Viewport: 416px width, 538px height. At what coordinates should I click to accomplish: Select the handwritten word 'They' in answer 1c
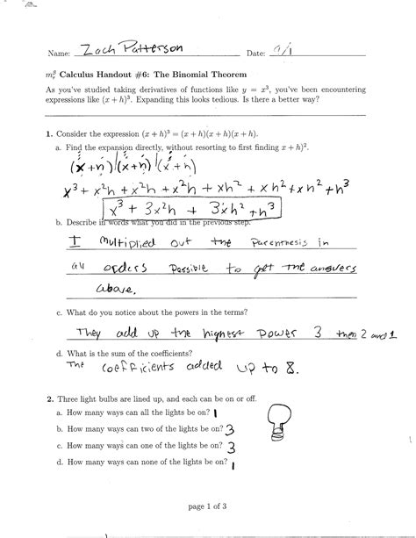[x=94, y=333]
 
